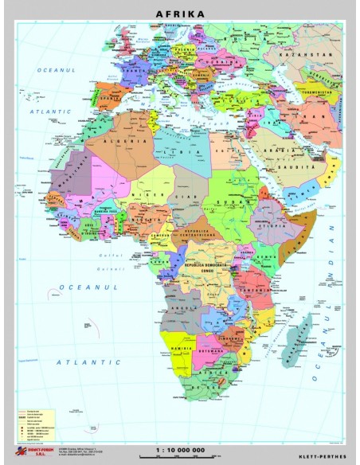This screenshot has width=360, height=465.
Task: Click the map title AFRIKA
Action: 180,14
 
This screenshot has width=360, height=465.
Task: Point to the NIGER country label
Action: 142,193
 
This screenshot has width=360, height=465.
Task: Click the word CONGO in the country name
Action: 209,269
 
